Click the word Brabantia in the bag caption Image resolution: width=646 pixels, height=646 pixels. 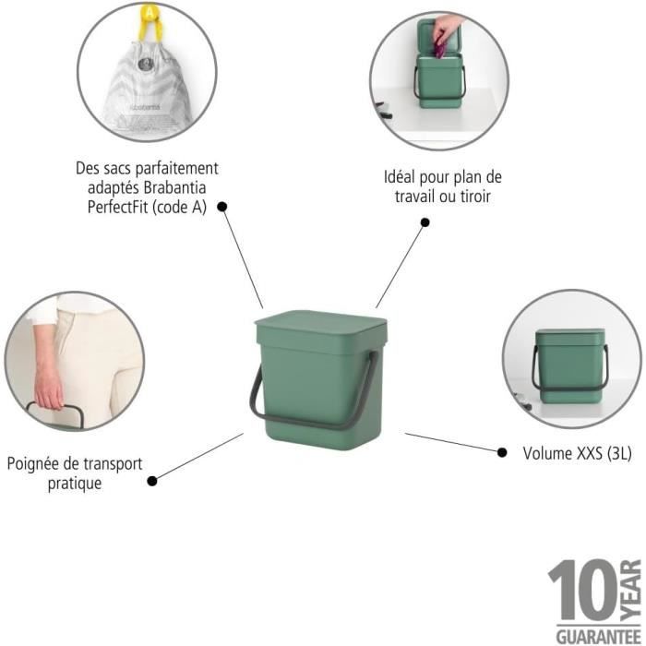[175, 188]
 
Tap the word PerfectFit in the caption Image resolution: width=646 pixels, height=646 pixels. [117, 208]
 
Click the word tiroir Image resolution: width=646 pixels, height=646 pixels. [475, 197]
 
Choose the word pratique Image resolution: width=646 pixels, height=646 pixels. [75, 484]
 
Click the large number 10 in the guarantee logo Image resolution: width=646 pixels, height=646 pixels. [583, 590]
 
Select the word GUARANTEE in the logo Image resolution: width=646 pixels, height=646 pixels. [599, 636]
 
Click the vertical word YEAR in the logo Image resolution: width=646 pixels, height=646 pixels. [631, 590]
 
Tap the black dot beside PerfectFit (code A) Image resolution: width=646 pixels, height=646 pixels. [222, 207]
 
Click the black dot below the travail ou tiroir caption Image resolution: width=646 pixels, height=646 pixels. [425, 222]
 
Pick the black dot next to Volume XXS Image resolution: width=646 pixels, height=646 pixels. [502, 452]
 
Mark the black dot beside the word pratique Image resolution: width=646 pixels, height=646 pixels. [152, 481]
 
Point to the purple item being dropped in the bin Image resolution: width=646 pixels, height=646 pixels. [439, 49]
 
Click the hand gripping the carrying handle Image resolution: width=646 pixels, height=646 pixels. [48, 388]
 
